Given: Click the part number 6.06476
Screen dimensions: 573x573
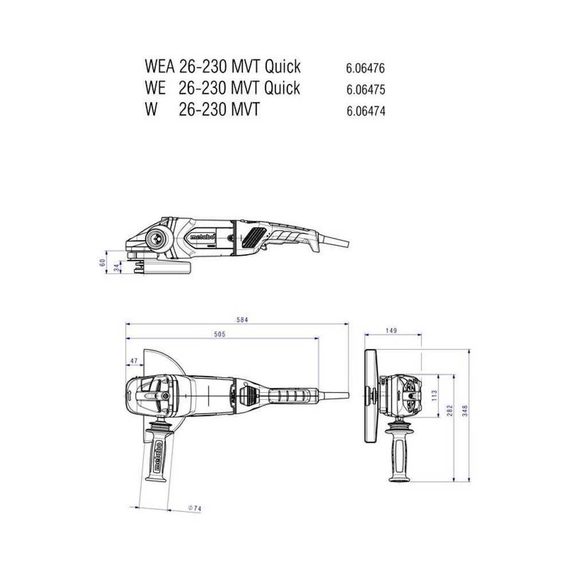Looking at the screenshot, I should point(366,68).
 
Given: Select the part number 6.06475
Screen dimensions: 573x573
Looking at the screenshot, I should point(366,90).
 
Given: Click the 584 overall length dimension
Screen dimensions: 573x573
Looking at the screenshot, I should point(242,320).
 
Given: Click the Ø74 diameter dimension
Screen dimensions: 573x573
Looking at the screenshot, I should point(195,508).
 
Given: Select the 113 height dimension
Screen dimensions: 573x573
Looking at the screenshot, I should point(434,395).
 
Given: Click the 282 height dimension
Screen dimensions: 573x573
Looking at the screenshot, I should point(451,411).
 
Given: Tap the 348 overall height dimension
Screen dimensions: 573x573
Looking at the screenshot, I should point(466,411).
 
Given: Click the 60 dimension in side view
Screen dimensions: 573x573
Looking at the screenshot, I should point(103,262).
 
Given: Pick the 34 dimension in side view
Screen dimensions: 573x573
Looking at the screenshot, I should point(116,266).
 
